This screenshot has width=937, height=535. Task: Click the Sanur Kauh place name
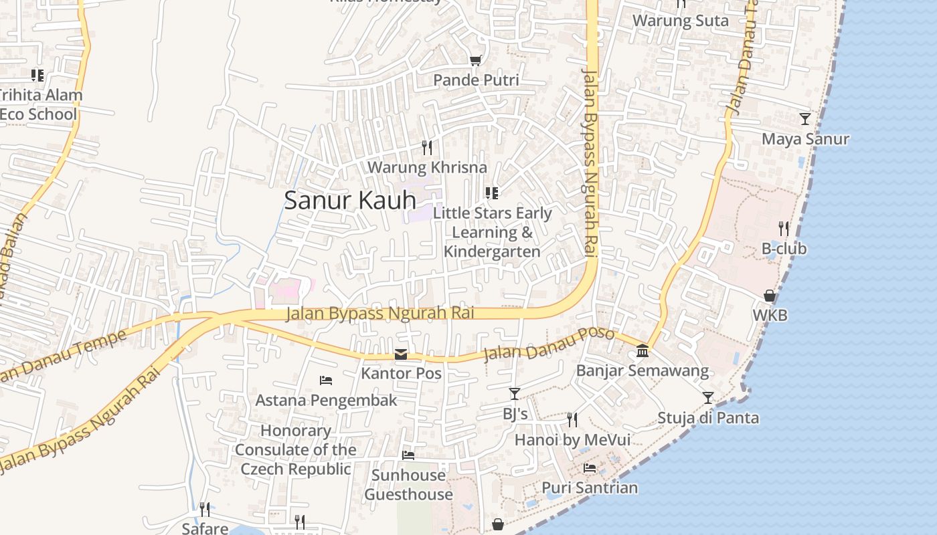coord(350,200)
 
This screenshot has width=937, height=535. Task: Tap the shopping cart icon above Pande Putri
coord(476,61)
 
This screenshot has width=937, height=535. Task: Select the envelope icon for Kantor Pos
coord(401,354)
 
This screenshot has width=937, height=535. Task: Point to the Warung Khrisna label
coord(427,167)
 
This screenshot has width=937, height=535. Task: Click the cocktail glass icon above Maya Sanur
coord(805,119)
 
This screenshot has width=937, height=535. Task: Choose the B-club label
coord(784,249)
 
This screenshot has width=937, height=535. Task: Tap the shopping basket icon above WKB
coord(770,296)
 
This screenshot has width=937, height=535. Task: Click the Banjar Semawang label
coord(642,370)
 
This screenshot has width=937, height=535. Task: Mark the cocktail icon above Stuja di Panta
coord(708,398)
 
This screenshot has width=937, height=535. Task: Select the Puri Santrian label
coord(590,488)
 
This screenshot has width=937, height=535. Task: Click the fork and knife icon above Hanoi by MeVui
coord(572,420)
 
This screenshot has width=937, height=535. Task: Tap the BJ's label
coord(515,414)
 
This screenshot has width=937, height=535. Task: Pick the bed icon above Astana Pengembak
coord(326,381)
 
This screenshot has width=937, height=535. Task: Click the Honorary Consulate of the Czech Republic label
coord(295,449)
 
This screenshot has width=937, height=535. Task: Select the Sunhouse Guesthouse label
coord(408,485)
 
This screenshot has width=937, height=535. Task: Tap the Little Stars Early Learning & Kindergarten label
coord(493,232)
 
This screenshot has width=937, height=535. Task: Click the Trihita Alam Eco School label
coord(40,104)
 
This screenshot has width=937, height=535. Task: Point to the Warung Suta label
coord(681,21)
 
